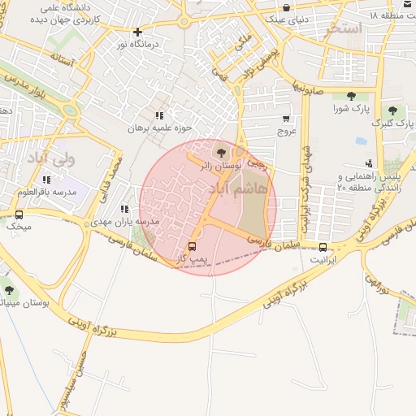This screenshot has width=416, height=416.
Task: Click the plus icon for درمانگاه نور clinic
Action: tap(136, 32)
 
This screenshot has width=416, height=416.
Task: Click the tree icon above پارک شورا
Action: tap(351, 97)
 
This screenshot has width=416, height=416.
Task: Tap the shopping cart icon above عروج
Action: tap(285, 119)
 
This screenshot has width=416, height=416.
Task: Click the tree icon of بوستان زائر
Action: tap(220, 153)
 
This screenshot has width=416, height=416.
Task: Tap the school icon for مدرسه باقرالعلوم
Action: tap(46, 180)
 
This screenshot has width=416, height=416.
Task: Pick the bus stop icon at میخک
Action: tap(18, 214)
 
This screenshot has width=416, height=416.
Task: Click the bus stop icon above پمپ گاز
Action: tap(193, 246)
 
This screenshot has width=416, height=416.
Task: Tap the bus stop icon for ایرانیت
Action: tap(323, 247)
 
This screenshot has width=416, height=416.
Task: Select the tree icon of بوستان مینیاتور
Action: tap(9, 290)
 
